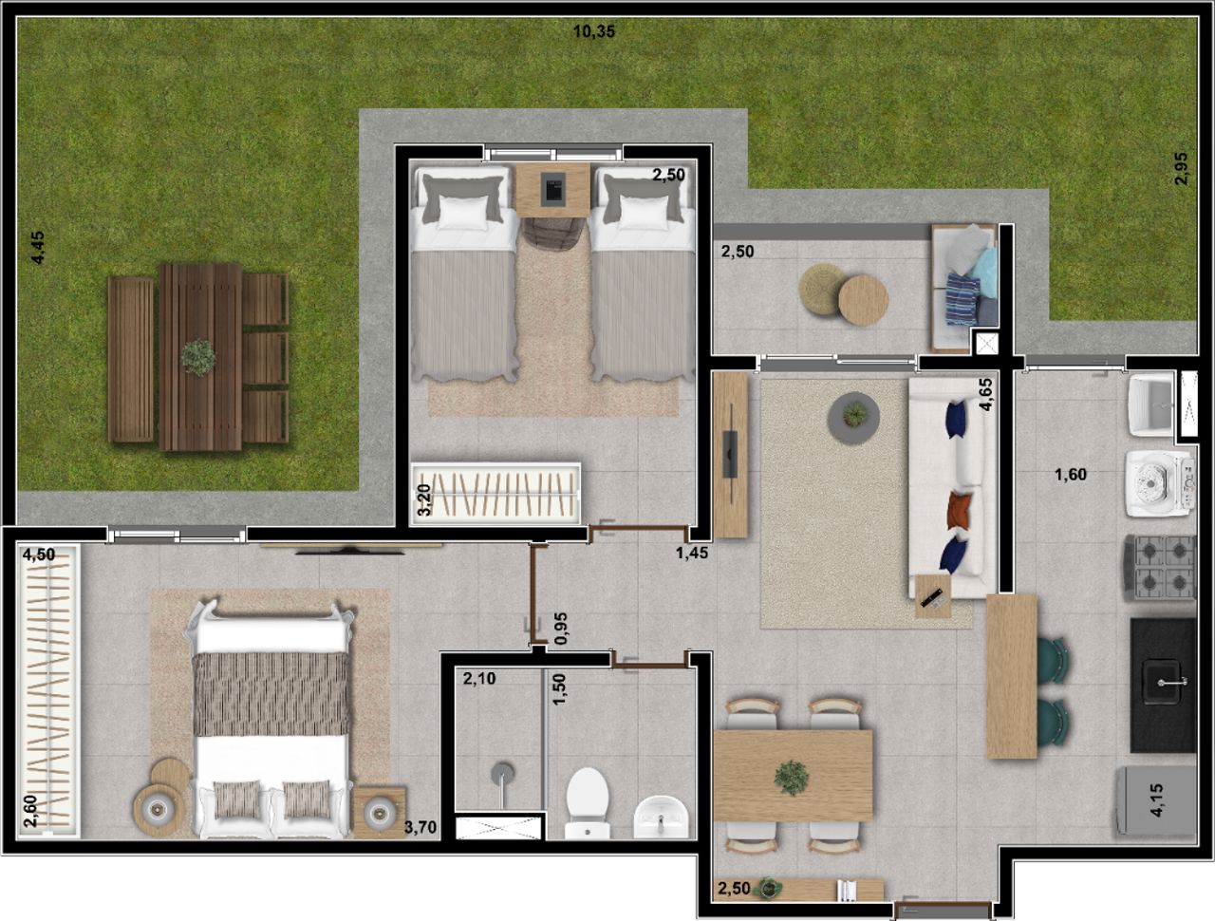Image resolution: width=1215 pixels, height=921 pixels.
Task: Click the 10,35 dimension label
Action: click(x=593, y=31)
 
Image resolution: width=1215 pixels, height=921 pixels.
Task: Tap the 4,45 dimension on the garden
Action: click(x=38, y=248)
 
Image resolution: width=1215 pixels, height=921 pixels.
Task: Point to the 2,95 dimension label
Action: click(x=1181, y=168)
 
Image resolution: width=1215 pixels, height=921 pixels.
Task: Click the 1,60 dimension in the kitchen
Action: click(x=1071, y=475)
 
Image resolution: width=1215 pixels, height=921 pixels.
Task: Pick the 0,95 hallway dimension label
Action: click(x=560, y=629)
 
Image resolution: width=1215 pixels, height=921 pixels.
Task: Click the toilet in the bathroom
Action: click(x=588, y=802)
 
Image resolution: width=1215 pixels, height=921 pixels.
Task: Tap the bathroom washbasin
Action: click(x=662, y=818)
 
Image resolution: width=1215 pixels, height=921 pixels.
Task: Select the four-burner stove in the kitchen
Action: click(x=1160, y=568)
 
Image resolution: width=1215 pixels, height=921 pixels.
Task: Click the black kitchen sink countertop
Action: click(x=1163, y=686)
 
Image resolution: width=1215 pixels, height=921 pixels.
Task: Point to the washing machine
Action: click(x=1160, y=484)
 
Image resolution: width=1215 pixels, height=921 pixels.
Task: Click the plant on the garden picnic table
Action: click(x=198, y=358)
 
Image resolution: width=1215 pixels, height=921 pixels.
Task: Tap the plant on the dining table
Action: click(x=792, y=778)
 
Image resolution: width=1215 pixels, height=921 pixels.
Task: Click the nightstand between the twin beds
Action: click(x=553, y=190)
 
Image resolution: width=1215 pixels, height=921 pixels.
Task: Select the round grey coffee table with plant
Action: click(x=853, y=418)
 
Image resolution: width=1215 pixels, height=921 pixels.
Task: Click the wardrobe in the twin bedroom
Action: click(x=495, y=494)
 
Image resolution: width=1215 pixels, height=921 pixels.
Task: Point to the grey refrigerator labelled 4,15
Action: click(x=1156, y=800)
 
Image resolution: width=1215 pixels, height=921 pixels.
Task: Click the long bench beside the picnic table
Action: click(x=131, y=360)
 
